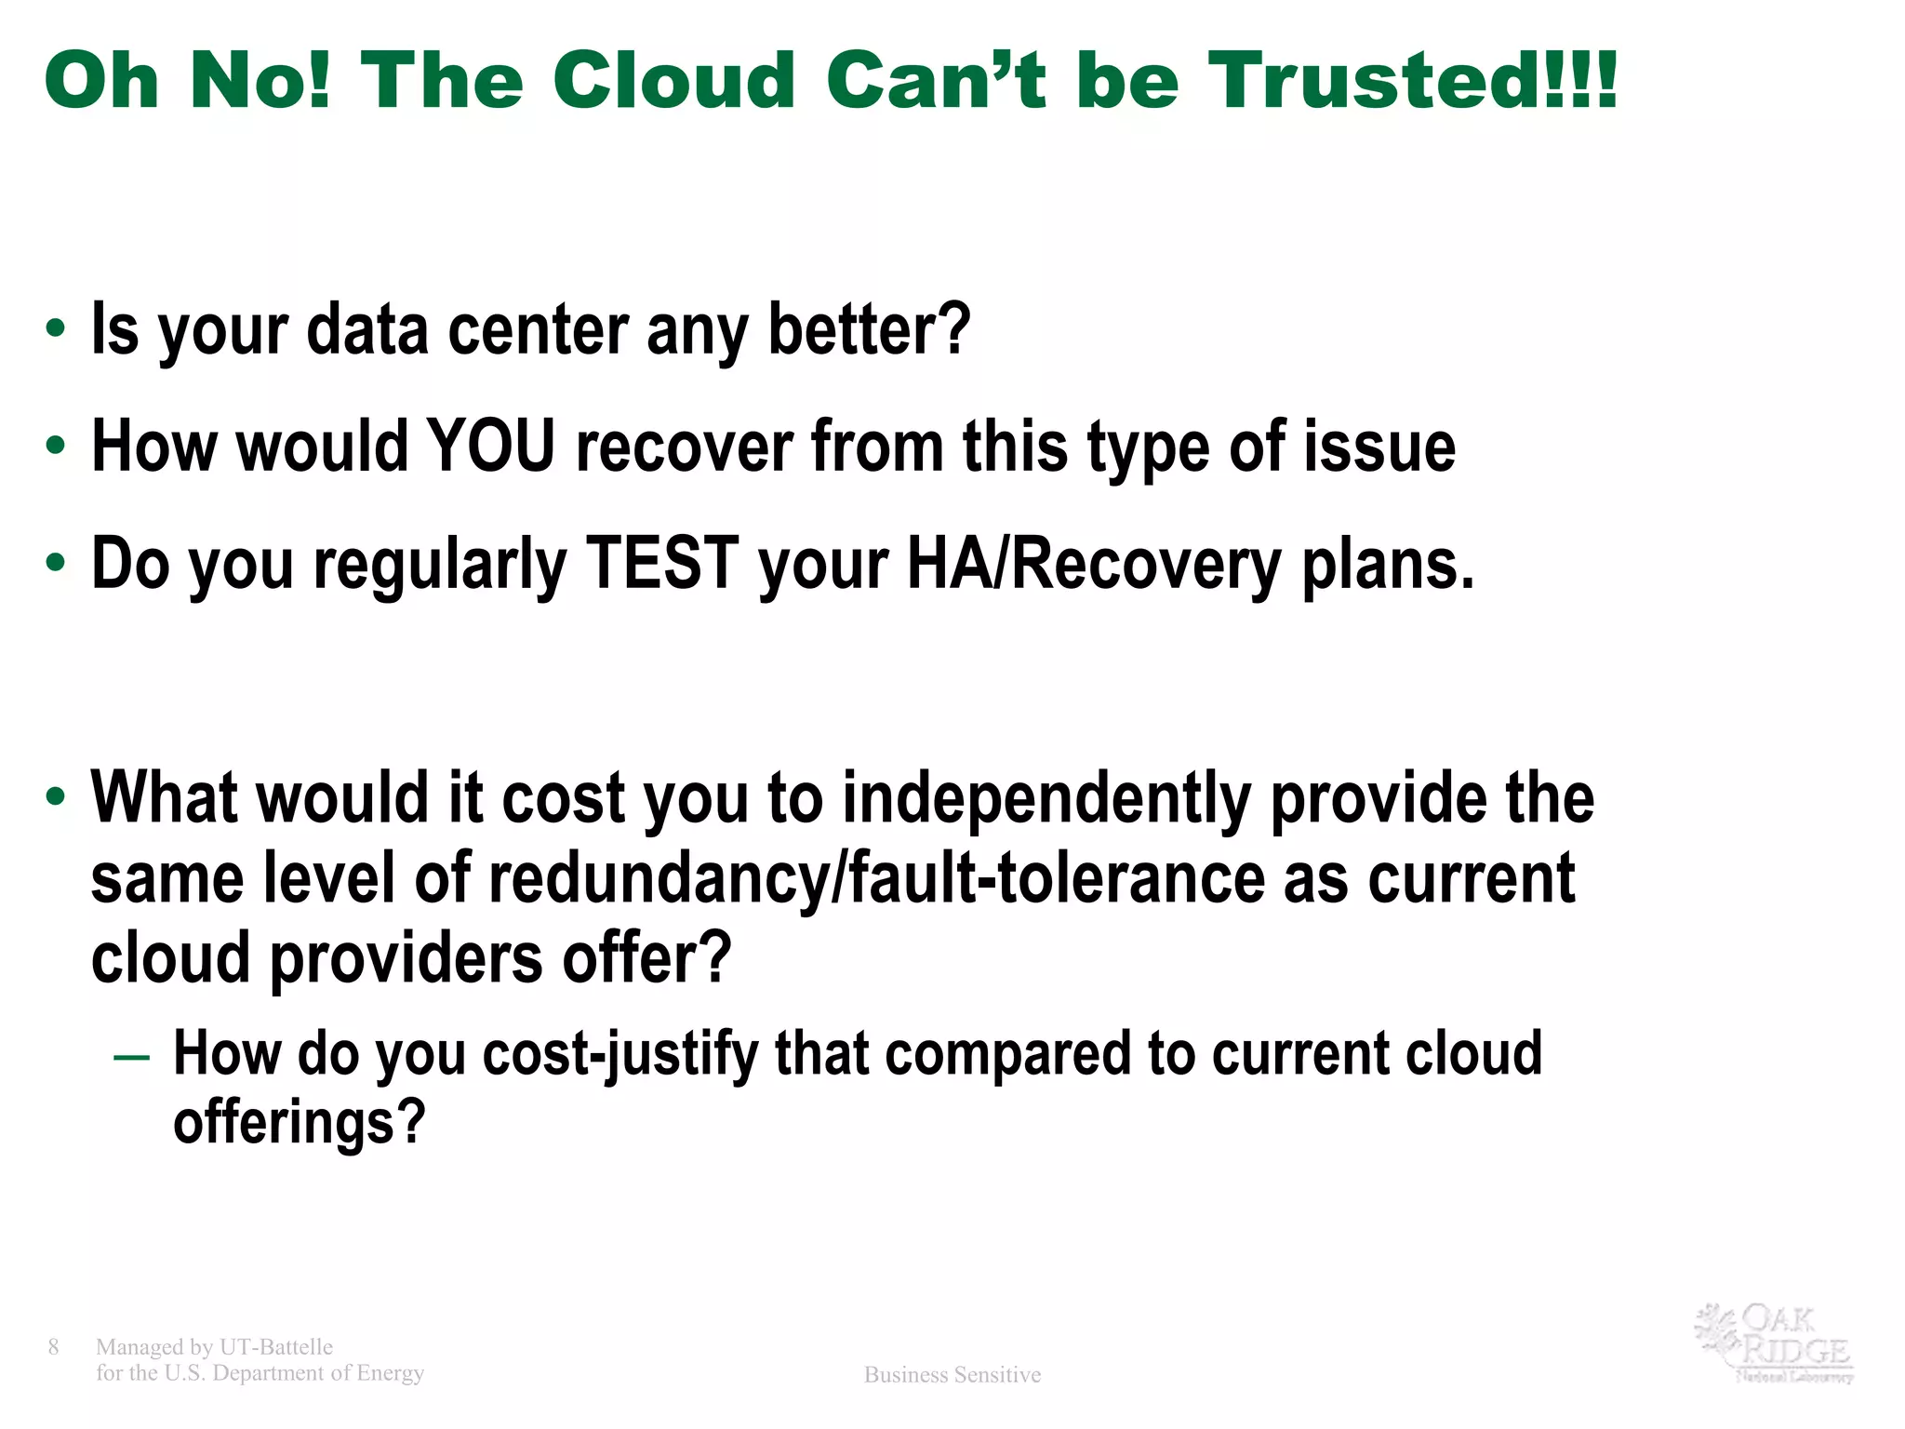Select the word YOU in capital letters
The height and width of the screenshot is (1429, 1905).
(x=490, y=447)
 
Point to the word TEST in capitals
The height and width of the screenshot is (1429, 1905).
(x=662, y=564)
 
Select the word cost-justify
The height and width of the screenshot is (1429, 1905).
(x=620, y=1054)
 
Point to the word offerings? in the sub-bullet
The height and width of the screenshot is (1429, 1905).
(x=299, y=1122)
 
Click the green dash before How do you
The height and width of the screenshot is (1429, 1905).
(x=131, y=1059)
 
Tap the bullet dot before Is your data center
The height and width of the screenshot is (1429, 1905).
(x=56, y=329)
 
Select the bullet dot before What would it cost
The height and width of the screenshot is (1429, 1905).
(x=56, y=797)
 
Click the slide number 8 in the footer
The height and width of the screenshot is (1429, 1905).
(x=53, y=1346)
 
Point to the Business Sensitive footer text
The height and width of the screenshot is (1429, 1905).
(x=952, y=1374)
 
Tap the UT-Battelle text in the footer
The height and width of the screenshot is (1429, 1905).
(x=275, y=1346)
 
